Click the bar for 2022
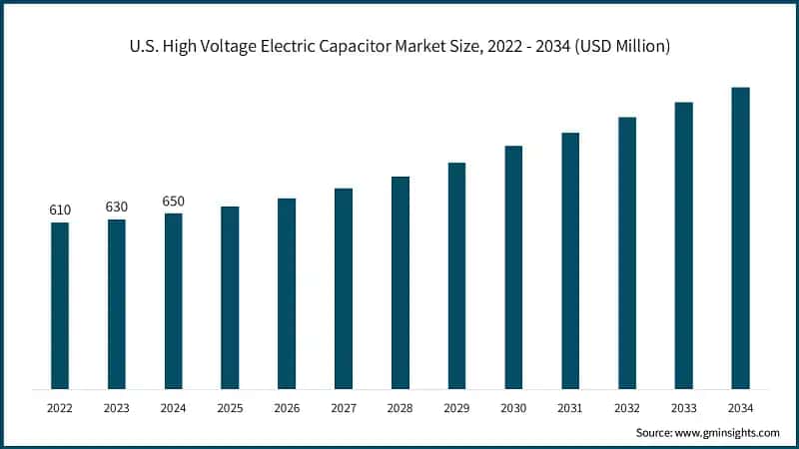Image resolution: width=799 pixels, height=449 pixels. coord(60,305)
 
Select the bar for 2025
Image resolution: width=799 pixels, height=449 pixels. coord(230,297)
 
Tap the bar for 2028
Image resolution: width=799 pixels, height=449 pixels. coord(400,282)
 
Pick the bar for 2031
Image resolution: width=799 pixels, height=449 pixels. coord(570,260)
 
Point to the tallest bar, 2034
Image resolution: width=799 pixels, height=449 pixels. coord(740,237)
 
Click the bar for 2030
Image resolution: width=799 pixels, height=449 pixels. coord(513,266)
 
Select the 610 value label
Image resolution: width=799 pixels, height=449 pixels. coord(60,210)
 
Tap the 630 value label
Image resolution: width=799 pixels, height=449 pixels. coord(117,207)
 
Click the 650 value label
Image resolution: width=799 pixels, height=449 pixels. coord(174,202)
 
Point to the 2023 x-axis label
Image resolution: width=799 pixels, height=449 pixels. coord(117,408)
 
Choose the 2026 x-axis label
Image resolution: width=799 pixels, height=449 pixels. coord(287,408)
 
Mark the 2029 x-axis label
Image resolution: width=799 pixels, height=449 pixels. coord(456,408)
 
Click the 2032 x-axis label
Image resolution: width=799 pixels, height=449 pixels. coord(627,408)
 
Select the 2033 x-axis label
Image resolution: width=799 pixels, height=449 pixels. coord(683,408)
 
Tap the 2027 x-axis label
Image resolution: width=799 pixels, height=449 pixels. coord(344,408)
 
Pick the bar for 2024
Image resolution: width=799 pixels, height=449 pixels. coord(174,300)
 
